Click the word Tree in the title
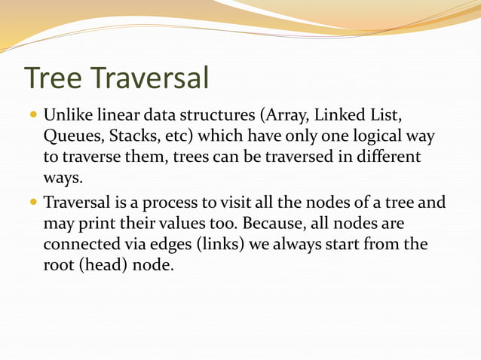click(x=56, y=78)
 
